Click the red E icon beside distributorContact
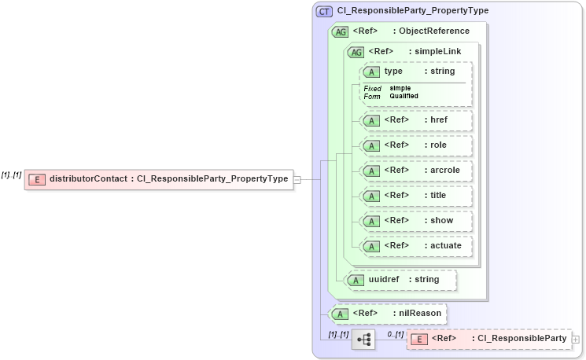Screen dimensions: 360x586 (36, 179)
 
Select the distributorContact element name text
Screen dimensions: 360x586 (88, 179)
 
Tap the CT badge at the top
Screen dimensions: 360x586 (324, 11)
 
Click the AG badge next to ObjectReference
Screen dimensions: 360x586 (341, 31)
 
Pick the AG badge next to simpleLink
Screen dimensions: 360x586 (356, 52)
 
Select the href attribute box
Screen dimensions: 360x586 (415, 120)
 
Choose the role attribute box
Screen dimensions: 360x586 (415, 145)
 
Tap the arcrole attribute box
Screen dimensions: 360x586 (415, 171)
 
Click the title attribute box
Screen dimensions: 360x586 (415, 196)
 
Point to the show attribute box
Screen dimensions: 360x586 (415, 221)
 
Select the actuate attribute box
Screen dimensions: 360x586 (415, 246)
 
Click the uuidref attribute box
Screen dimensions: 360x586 (401, 279)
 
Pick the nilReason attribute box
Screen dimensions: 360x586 (387, 314)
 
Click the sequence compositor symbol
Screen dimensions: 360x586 (363, 340)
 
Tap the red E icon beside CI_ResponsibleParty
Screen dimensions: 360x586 (421, 339)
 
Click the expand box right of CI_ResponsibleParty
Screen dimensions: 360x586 (577, 340)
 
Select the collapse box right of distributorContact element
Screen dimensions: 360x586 (297, 179)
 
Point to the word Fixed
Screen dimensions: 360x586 (372, 89)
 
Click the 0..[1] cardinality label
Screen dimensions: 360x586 (395, 335)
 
